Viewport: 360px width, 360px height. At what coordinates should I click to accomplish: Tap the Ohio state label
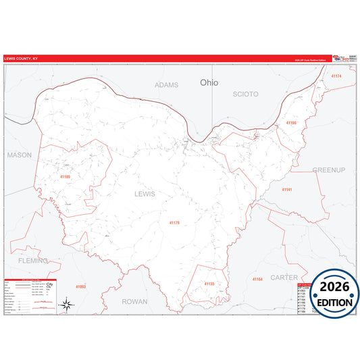tap(209, 82)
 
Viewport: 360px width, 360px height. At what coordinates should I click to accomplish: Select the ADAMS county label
tap(166, 85)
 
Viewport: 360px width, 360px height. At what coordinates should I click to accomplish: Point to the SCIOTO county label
tap(245, 94)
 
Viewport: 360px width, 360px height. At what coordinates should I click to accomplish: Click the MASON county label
tap(19, 155)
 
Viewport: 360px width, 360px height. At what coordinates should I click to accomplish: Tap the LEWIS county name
tap(145, 194)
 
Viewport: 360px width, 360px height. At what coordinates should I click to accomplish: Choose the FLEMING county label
tap(32, 260)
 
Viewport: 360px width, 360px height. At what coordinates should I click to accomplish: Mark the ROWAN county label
tap(134, 301)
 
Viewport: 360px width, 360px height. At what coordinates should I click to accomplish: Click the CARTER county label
tap(284, 277)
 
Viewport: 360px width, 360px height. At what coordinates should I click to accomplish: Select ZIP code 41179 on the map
tap(175, 222)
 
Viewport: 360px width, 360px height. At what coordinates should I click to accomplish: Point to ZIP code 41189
tap(65, 177)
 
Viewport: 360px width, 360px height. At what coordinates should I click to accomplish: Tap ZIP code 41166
tap(291, 123)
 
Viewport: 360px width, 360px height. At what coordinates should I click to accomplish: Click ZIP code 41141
tap(287, 190)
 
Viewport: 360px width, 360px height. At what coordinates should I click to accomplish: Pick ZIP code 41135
tap(209, 284)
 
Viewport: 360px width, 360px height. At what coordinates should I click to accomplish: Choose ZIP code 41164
tap(257, 279)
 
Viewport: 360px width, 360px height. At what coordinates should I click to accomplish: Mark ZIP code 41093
tap(81, 287)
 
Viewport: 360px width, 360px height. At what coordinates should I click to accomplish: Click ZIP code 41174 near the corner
tap(336, 76)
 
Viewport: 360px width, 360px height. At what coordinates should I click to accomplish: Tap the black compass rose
tap(68, 305)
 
